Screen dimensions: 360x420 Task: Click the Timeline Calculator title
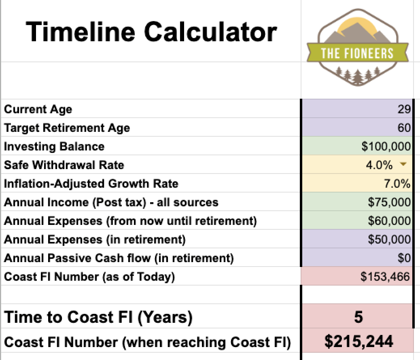151,32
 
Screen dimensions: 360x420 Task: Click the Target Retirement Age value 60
404,128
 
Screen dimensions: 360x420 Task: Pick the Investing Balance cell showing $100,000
386,146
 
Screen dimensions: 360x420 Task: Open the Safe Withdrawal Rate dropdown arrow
403,165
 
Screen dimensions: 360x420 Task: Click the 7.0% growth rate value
397,184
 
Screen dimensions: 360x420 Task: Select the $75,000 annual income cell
389,202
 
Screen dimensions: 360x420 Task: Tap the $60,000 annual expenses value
389,221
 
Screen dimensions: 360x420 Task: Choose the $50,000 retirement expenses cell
389,239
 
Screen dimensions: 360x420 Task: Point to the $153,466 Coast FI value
385,277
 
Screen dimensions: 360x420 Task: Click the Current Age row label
38,109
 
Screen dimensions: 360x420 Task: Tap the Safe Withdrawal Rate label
64,165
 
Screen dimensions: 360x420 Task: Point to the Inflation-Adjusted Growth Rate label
91,184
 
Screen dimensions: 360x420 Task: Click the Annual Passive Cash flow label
119,258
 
